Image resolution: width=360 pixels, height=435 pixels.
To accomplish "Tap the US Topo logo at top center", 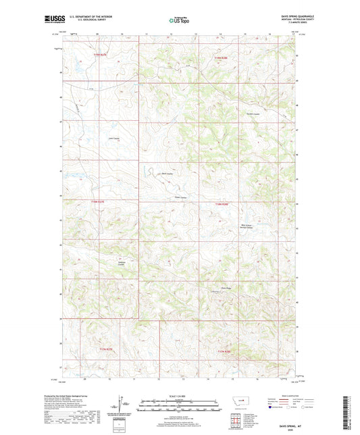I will pos(179,21).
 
